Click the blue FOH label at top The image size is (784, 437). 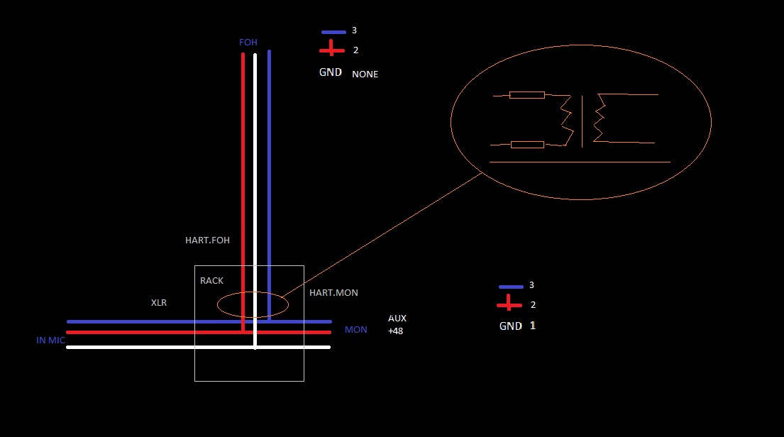point(248,43)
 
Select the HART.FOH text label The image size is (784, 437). point(207,240)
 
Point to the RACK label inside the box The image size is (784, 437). point(211,281)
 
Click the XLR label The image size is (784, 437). point(158,302)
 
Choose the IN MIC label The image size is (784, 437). point(50,341)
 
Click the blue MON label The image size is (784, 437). point(355,330)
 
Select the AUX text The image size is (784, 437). point(397,319)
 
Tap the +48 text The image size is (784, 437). point(395,331)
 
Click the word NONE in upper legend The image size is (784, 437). point(365,74)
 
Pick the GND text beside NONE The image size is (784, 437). point(330,72)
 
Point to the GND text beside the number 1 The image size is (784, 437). point(510,326)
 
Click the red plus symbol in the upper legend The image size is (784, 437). point(331,50)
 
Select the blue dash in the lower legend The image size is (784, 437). point(510,287)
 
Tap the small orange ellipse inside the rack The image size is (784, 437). point(252,305)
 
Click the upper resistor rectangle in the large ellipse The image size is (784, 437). point(526,94)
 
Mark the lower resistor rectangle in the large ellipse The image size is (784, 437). point(526,145)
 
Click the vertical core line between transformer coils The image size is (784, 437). point(583,121)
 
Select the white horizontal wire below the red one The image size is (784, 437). point(142,347)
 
